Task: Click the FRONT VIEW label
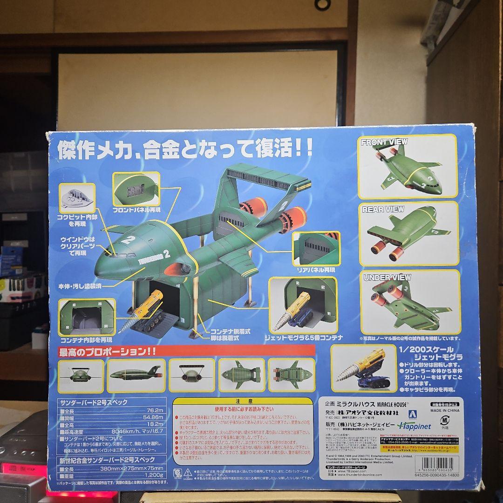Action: (384, 142)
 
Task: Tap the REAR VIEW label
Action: (383, 210)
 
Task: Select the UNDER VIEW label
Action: (384, 278)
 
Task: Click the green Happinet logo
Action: (414, 426)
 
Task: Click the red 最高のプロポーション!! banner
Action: (186, 351)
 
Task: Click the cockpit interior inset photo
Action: (77, 197)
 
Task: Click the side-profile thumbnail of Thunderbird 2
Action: (136, 375)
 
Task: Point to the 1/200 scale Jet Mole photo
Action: (364, 369)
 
